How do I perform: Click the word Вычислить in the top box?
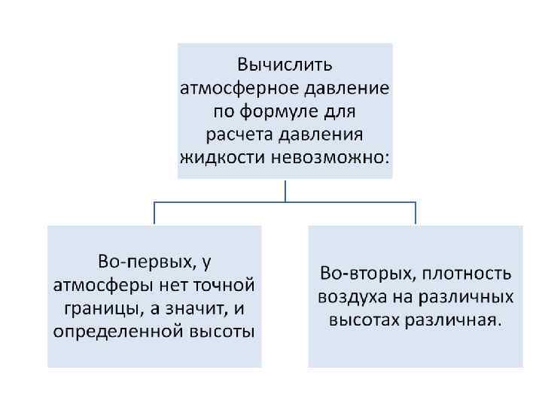click(x=285, y=65)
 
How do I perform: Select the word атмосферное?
click(x=239, y=89)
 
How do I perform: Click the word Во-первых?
click(x=142, y=262)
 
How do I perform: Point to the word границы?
click(x=91, y=309)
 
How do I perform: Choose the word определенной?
click(x=121, y=332)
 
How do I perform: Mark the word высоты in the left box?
click(x=225, y=332)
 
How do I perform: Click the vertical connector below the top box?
click(x=285, y=190)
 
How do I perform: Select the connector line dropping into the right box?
click(x=416, y=213)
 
